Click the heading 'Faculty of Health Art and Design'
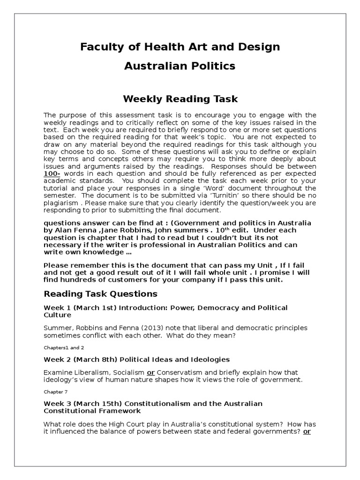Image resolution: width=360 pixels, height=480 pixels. coord(180,47)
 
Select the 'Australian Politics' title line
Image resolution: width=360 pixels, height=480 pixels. coord(180,66)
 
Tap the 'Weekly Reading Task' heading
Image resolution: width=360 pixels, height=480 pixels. coord(180,99)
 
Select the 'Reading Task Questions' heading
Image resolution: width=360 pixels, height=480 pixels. coord(100,294)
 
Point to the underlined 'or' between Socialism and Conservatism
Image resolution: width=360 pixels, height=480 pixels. coord(151,372)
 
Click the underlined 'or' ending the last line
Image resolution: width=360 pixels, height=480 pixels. coord(307,431)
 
